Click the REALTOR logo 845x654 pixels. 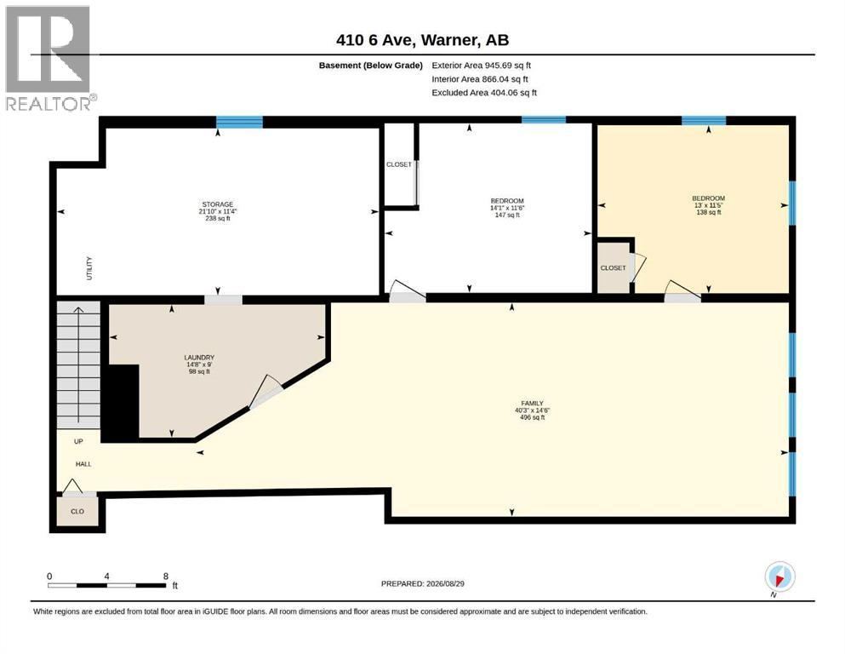pyautogui.click(x=49, y=58)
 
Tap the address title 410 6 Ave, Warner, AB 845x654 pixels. pyautogui.click(x=422, y=40)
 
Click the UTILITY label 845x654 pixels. pyautogui.click(x=89, y=268)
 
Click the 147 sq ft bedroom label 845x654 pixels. pyautogui.click(x=507, y=208)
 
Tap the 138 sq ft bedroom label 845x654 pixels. pyautogui.click(x=709, y=205)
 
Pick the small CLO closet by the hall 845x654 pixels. pyautogui.click(x=77, y=511)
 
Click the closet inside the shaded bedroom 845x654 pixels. pyautogui.click(x=614, y=267)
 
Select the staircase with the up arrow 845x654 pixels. pyautogui.click(x=78, y=365)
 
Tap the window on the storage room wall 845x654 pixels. pyautogui.click(x=239, y=122)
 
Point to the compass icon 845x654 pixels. pyautogui.click(x=779, y=577)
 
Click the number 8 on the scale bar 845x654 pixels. pyautogui.click(x=166, y=576)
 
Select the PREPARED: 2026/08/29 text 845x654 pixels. pyautogui.click(x=422, y=583)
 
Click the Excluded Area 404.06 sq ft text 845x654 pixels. pyautogui.click(x=484, y=93)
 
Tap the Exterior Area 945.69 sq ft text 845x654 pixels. pyautogui.click(x=482, y=66)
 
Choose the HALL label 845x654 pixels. pyautogui.click(x=83, y=464)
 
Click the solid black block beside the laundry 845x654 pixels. pyautogui.click(x=121, y=402)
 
